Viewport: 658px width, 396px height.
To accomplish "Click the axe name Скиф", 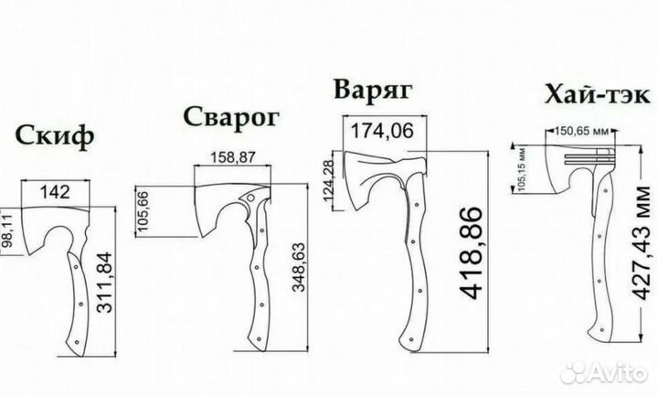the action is (55, 136).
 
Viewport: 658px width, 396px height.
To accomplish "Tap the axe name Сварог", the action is (231, 118).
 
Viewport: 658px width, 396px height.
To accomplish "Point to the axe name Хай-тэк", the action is (597, 94).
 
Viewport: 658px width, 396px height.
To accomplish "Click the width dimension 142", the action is (55, 192).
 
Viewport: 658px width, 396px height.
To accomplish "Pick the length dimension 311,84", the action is (104, 283).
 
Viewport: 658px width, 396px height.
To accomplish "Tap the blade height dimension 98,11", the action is (8, 231).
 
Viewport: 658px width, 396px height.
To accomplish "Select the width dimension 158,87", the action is (232, 157).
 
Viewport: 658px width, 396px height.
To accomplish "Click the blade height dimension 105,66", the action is (143, 211).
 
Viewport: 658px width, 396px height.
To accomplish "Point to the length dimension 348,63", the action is (299, 267).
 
